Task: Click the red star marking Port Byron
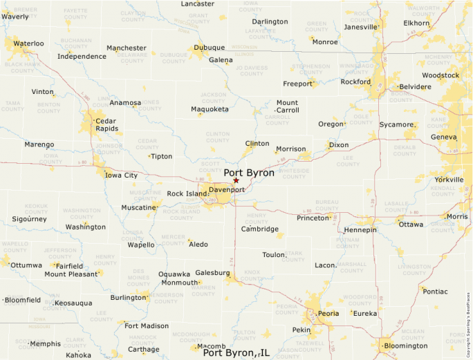tap(236, 180)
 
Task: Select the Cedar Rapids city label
tap(107, 123)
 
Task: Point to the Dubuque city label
tap(209, 48)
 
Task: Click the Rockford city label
tap(355, 82)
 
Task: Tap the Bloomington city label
tap(405, 345)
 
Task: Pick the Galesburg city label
tap(212, 273)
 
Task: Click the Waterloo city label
tap(28, 44)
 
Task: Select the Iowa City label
tap(121, 176)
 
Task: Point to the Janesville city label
tap(361, 27)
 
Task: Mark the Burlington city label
tap(129, 298)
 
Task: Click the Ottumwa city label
tap(26, 265)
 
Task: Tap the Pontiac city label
tap(435, 292)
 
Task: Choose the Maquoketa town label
tap(210, 109)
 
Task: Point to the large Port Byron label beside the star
tap(249, 172)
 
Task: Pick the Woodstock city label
tap(440, 75)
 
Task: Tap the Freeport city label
tap(298, 84)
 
